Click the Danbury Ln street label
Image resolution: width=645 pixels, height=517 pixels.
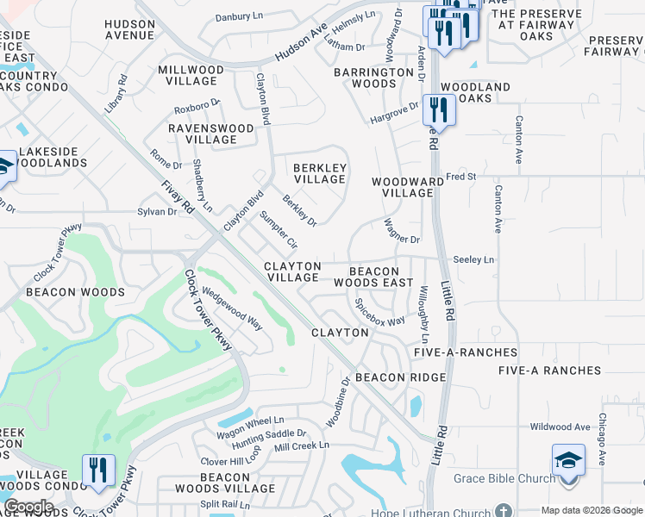pos(239,16)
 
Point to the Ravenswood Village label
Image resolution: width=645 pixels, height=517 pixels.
pos(211,134)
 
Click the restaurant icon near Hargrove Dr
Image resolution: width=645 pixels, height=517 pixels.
pos(441,109)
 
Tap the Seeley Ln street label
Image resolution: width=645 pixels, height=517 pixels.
pos(473,259)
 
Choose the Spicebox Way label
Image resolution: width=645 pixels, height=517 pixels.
pos(380,312)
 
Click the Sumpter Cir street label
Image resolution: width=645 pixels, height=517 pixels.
pos(279,229)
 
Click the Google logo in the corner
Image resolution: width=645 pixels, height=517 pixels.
pos(28,506)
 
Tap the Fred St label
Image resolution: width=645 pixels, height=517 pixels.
pos(460,177)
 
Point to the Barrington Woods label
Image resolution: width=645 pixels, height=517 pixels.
pos(375,78)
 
